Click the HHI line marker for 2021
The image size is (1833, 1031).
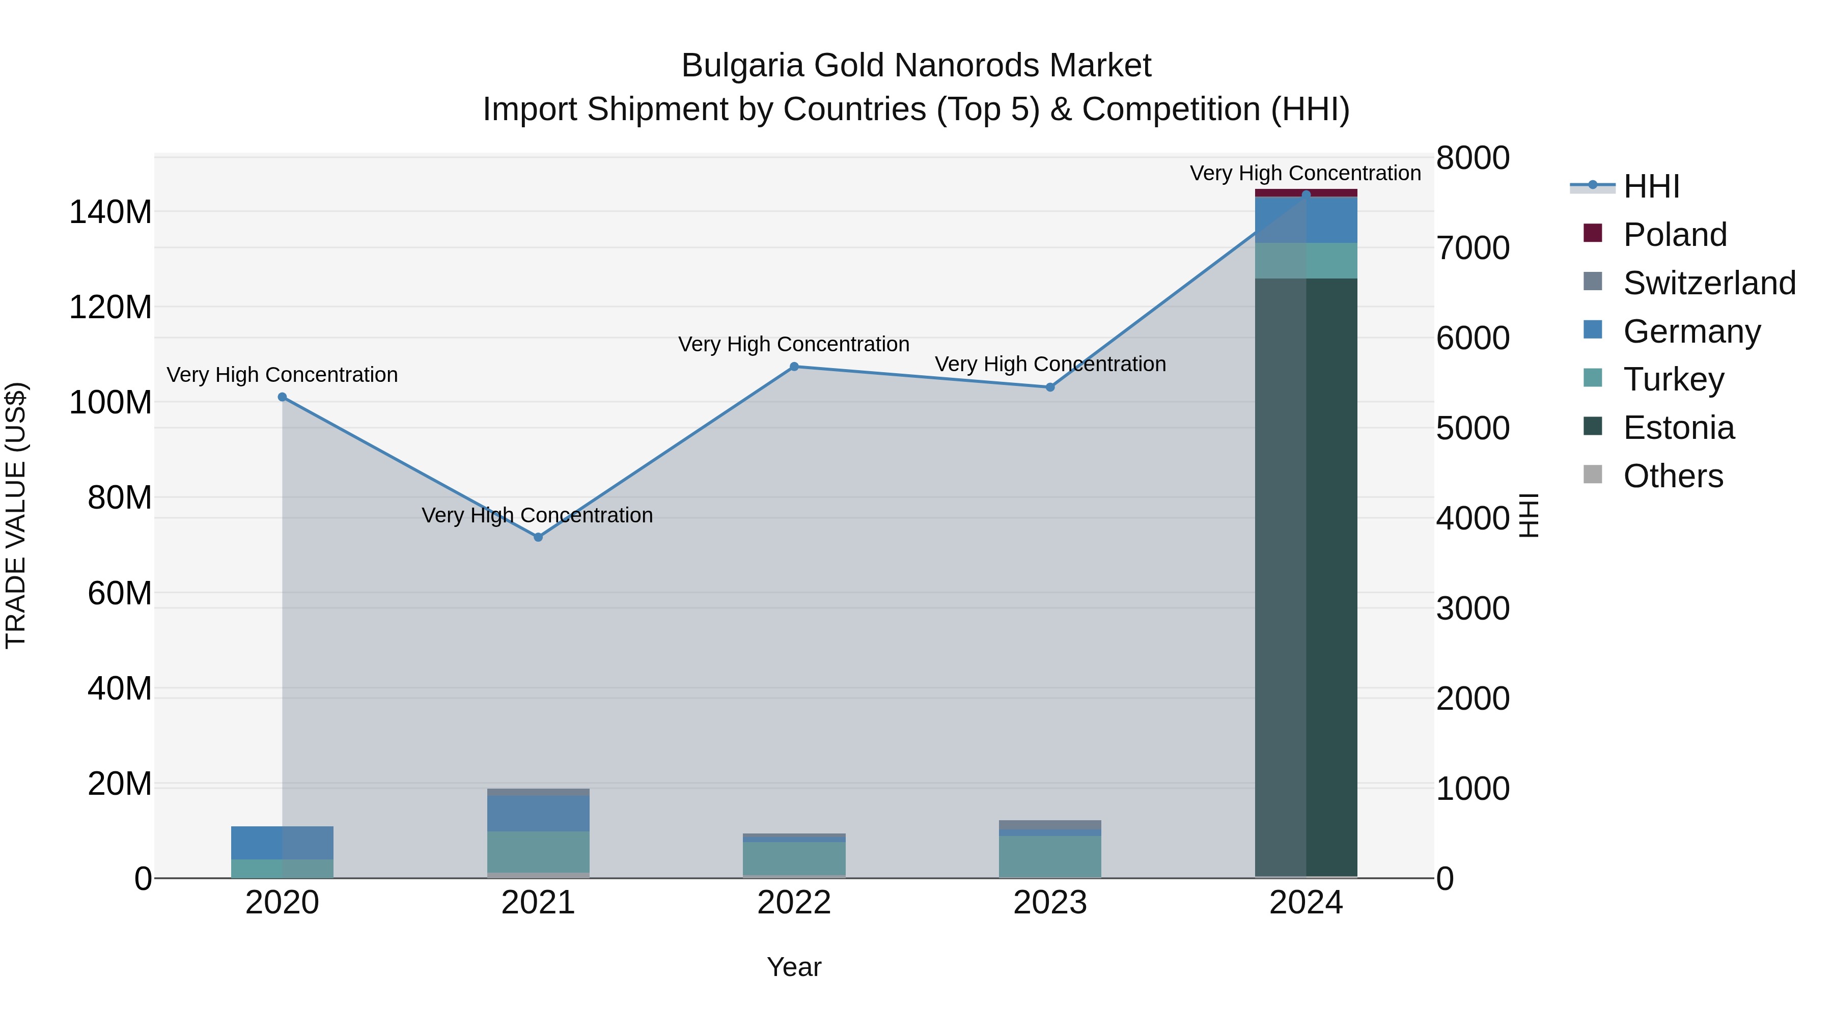point(538,537)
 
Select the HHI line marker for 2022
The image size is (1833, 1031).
point(794,367)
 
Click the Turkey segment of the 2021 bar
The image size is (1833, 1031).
point(538,852)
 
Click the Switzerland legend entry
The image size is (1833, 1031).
point(1708,283)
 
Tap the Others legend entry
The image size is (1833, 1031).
point(1672,476)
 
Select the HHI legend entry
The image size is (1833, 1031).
point(1651,186)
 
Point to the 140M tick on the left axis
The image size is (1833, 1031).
point(110,212)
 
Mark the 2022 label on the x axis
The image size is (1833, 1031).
point(794,903)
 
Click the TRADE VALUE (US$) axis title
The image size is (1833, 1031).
point(16,515)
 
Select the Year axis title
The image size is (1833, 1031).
point(794,967)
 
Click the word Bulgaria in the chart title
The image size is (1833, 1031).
point(742,66)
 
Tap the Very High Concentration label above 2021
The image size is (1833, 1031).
point(537,515)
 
